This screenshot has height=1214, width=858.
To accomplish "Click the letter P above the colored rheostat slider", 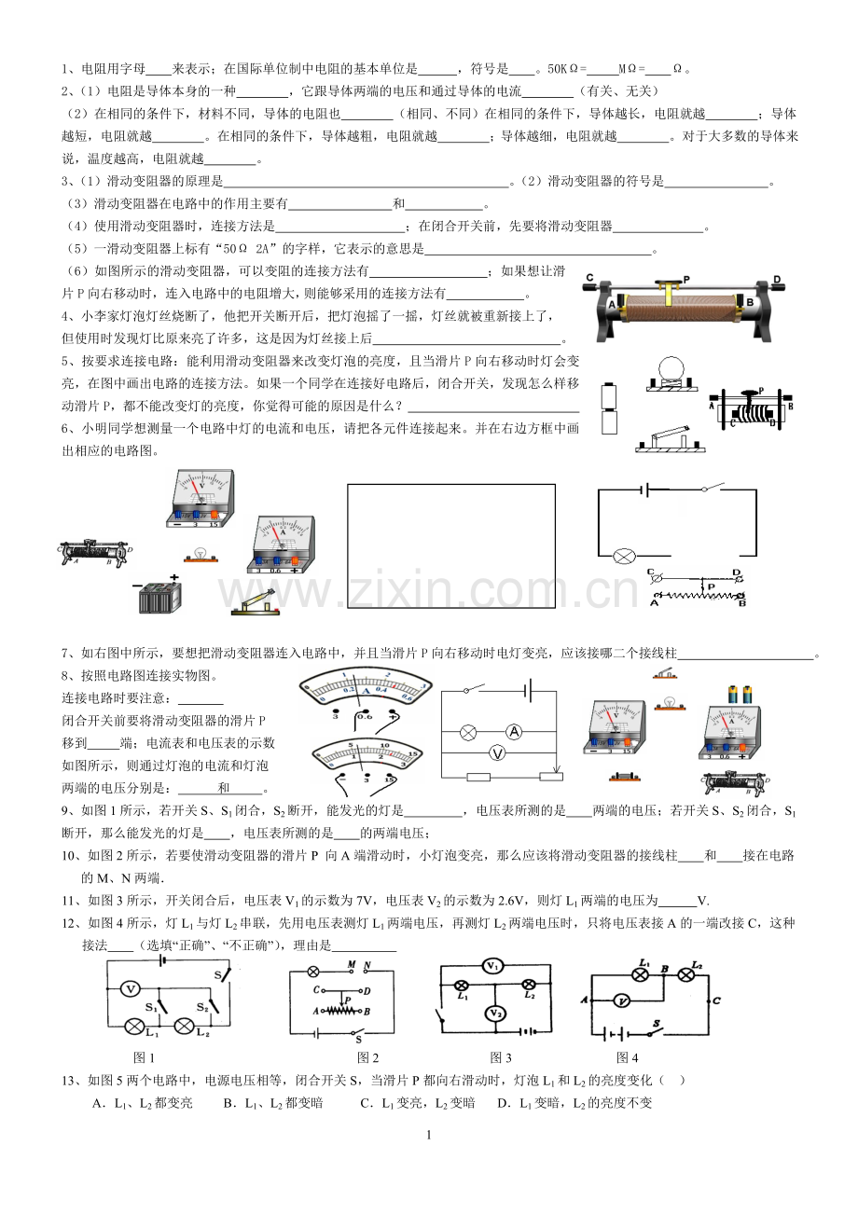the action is tap(686, 280).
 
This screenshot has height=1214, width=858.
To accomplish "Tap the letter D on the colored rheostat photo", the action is tap(777, 280).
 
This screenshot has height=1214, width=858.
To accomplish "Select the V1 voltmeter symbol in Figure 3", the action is tap(493, 966).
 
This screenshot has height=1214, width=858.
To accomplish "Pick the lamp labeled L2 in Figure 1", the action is tap(185, 1026).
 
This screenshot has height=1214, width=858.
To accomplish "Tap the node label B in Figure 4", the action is tap(665, 969).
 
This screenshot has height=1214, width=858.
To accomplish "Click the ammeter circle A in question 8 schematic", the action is tap(514, 733).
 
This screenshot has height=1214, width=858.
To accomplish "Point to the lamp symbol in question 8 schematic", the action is tap(468, 733).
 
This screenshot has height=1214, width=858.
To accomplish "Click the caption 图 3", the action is tap(500, 1057).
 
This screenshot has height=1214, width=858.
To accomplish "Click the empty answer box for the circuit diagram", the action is tap(451, 545).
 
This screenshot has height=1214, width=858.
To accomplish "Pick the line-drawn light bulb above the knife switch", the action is tap(672, 373).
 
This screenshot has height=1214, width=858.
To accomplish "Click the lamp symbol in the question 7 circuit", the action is tap(624, 557).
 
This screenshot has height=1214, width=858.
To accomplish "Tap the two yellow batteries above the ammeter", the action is tap(740, 695).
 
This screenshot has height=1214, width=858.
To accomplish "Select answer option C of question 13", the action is tap(418, 1103).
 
